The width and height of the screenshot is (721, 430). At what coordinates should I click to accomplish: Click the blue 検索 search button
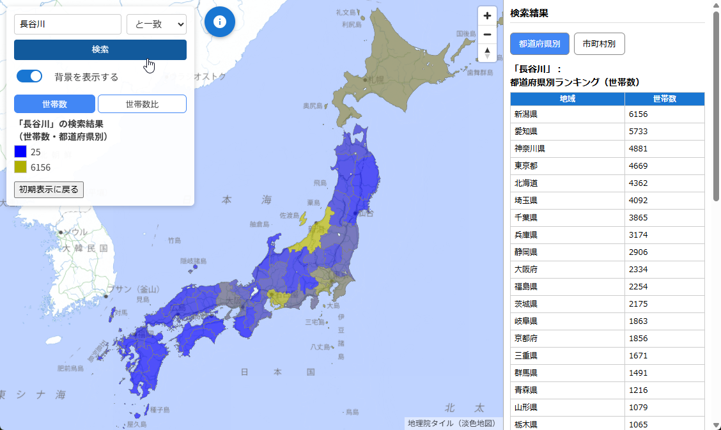point(100,50)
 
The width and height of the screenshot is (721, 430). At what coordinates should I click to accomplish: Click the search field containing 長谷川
point(68,24)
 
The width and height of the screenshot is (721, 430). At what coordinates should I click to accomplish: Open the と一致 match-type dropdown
point(157,24)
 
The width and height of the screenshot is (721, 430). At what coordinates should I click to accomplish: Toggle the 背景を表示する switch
point(29,76)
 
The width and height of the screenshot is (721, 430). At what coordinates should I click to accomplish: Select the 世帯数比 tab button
point(142,104)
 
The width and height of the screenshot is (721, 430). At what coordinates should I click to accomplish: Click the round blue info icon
point(220,22)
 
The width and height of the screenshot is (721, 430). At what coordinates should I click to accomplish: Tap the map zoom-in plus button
point(487,16)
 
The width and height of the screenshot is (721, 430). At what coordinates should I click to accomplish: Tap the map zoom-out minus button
point(487,35)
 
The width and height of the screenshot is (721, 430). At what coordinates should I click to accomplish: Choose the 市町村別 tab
point(599,43)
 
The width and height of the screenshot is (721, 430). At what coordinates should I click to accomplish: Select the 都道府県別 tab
point(539,43)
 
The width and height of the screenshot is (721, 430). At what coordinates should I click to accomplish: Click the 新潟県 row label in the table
point(526,114)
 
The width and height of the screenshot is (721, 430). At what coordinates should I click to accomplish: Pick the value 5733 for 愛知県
point(639,131)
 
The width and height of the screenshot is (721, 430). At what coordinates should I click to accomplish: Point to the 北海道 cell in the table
point(526,183)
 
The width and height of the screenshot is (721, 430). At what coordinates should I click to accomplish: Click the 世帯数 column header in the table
point(664,98)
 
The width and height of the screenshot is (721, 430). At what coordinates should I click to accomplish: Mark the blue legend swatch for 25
point(20,151)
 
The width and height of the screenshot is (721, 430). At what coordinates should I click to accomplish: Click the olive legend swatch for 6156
point(20,167)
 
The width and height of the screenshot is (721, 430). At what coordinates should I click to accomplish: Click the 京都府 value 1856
point(639,338)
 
